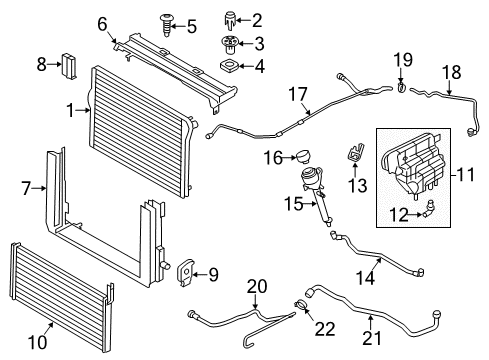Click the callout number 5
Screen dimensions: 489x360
(x=192, y=27)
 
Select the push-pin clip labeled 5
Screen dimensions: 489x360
(x=166, y=25)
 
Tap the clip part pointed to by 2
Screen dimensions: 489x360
(x=230, y=21)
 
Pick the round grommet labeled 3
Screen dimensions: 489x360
(x=230, y=45)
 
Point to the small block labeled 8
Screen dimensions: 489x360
(x=69, y=66)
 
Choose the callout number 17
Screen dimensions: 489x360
(x=298, y=94)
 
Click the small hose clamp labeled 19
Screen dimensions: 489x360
(x=401, y=87)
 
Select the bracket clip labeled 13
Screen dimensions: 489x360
(x=355, y=153)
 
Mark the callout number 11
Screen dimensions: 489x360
(x=466, y=174)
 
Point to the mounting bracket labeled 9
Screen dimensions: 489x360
(x=185, y=272)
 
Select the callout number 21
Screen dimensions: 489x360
(x=372, y=338)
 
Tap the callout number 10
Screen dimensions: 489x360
(x=38, y=342)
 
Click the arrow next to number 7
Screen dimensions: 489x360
(x=40, y=189)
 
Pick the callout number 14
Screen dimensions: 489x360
(x=366, y=277)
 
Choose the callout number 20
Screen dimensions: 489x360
(x=257, y=286)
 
